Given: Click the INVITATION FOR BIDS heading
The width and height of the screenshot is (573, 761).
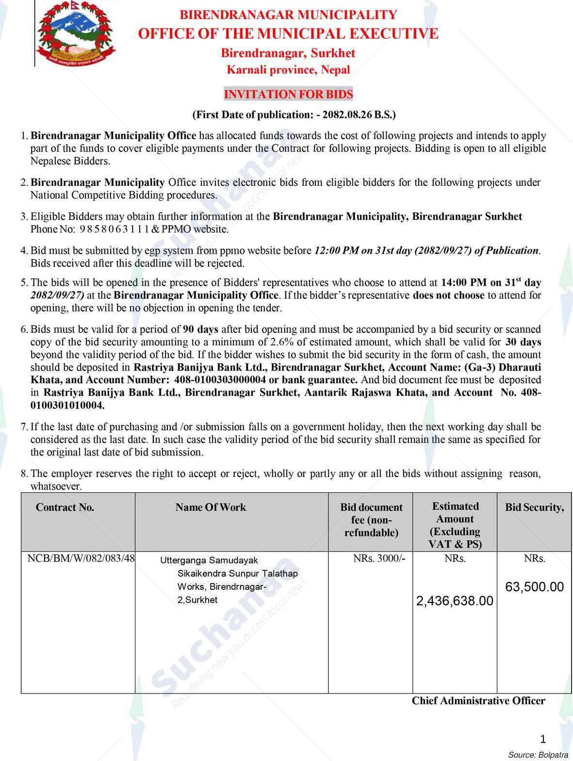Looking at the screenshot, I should click(288, 94).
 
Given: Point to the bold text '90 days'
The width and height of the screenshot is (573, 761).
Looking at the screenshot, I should click(201, 329).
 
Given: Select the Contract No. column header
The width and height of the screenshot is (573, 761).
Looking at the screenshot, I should click(65, 507).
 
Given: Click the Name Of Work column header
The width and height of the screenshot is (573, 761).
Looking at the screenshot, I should click(211, 507).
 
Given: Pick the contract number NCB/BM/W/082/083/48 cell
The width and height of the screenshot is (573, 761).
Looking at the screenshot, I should click(81, 558).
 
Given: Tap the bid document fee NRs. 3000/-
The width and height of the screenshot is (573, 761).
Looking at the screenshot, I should click(379, 558).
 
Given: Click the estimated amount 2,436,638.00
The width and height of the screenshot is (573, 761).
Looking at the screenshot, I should click(455, 601).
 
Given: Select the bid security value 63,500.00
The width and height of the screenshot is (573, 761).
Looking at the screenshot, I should click(534, 587).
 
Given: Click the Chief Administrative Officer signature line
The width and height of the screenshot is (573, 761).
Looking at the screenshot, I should click(478, 701).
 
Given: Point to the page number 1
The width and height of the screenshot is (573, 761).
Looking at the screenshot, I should click(543, 739).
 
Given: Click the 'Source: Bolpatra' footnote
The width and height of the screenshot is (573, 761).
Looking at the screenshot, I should click(538, 755).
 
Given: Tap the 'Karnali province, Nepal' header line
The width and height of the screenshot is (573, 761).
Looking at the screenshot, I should click(288, 70).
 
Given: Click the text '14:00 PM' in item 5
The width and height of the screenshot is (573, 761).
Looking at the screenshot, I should click(463, 282).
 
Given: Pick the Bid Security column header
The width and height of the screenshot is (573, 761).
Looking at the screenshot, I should click(534, 507).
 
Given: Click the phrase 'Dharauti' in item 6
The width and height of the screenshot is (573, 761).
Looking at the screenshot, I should click(520, 367).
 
